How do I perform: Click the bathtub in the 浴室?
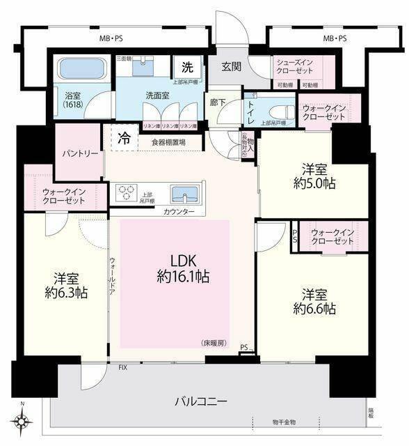click(81, 68)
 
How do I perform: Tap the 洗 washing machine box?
click(188, 68)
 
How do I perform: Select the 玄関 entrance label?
click(231, 67)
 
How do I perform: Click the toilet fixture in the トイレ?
click(282, 111)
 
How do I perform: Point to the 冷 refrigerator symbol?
click(124, 137)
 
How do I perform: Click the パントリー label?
click(79, 153)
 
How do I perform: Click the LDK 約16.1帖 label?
click(183, 268)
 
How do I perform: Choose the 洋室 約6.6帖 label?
click(314, 300)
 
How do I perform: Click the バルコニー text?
click(200, 402)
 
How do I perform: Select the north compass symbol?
click(24, 420)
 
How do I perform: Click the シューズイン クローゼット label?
click(298, 66)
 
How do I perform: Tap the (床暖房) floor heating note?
click(214, 343)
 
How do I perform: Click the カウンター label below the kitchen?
click(179, 210)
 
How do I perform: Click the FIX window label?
click(122, 367)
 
